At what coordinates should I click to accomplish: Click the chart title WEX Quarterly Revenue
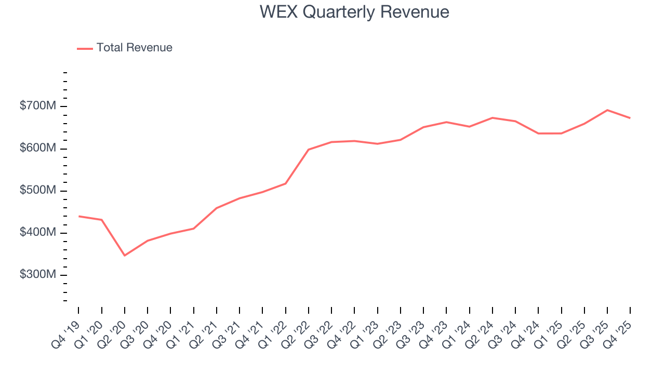click(354, 11)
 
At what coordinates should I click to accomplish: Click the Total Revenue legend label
click(134, 48)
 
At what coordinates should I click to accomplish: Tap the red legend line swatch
click(85, 48)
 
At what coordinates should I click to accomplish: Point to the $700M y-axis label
click(38, 106)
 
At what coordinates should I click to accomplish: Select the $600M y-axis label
click(38, 149)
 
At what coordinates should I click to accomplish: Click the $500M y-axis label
click(38, 191)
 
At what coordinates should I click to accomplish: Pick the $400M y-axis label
click(38, 233)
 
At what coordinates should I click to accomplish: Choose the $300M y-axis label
click(38, 275)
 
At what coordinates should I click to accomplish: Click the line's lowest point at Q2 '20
click(125, 256)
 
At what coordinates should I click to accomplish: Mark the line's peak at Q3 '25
click(607, 110)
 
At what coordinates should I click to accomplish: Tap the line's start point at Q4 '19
click(79, 216)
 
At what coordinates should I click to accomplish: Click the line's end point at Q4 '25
click(630, 118)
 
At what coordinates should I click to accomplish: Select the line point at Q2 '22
click(309, 150)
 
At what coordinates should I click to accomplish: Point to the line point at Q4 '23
click(446, 122)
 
